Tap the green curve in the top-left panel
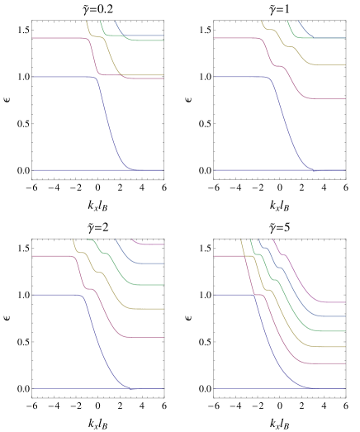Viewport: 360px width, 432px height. (144, 40)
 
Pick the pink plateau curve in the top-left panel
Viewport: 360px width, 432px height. (58, 38)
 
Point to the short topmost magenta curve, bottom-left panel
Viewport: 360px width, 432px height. (153, 244)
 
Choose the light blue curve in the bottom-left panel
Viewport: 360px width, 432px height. (149, 263)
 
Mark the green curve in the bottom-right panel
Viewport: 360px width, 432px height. (330, 331)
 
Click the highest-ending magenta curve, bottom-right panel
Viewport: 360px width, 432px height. (330, 302)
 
